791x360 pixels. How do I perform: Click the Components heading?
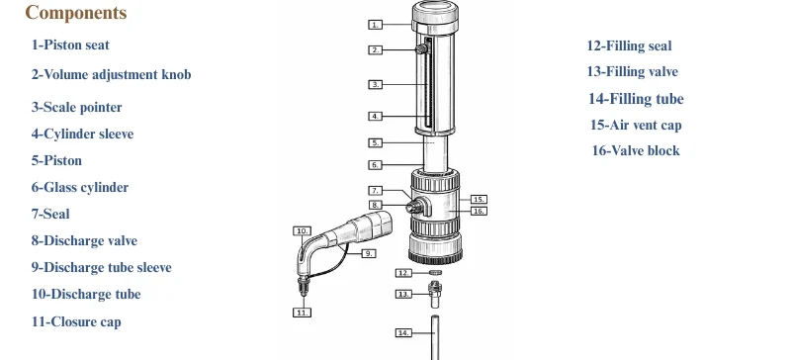click(76, 14)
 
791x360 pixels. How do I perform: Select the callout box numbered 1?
click(376, 24)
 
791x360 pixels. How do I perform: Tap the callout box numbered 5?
click(376, 142)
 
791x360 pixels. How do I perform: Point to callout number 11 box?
click(303, 313)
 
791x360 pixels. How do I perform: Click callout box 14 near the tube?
click(402, 333)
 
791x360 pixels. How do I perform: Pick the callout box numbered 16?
click(479, 211)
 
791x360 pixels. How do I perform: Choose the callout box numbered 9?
click(368, 253)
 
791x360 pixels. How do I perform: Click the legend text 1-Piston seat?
click(70, 45)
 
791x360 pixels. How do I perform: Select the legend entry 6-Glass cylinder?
click(80, 187)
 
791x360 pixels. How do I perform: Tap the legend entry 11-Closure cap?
click(76, 321)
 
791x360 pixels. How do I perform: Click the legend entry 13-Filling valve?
click(633, 72)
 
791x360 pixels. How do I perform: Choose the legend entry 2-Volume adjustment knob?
click(111, 75)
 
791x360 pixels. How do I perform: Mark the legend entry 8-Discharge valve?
click(84, 240)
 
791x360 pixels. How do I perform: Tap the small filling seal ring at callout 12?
click(434, 272)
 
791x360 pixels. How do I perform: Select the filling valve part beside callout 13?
click(434, 292)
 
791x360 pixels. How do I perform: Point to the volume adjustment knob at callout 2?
click(422, 48)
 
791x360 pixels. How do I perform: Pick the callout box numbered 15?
click(479, 199)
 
